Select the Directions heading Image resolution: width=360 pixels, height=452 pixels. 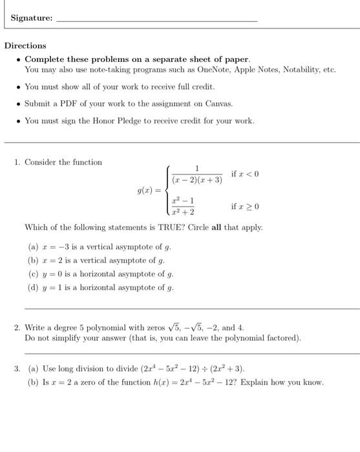tap(25, 46)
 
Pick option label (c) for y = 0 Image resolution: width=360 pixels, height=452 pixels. tap(33, 274)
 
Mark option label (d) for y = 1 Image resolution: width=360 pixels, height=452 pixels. tap(33, 288)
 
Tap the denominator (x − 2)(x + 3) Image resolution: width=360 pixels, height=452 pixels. tap(197, 180)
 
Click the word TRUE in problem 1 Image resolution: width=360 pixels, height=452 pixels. tap(158, 227)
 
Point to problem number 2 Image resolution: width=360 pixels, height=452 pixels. tap(17, 327)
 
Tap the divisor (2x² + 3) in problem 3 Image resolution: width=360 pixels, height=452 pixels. tap(228, 369)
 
